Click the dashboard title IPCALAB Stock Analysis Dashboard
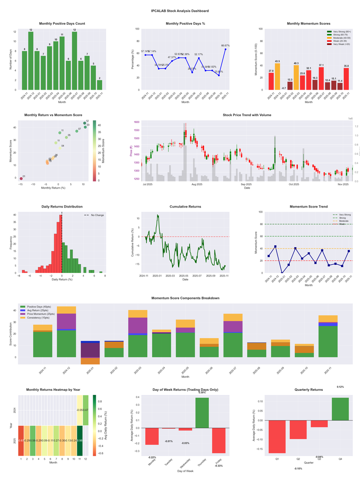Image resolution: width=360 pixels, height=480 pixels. [x=180, y=10]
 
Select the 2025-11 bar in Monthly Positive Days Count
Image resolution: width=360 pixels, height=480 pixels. [x=99, y=85]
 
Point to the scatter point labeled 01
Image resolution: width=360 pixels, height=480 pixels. [x=21, y=179]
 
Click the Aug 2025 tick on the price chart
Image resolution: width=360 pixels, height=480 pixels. [x=197, y=184]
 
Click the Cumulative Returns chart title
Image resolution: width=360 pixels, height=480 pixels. [x=185, y=207]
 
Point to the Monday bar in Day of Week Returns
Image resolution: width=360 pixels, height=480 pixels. [x=152, y=436]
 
